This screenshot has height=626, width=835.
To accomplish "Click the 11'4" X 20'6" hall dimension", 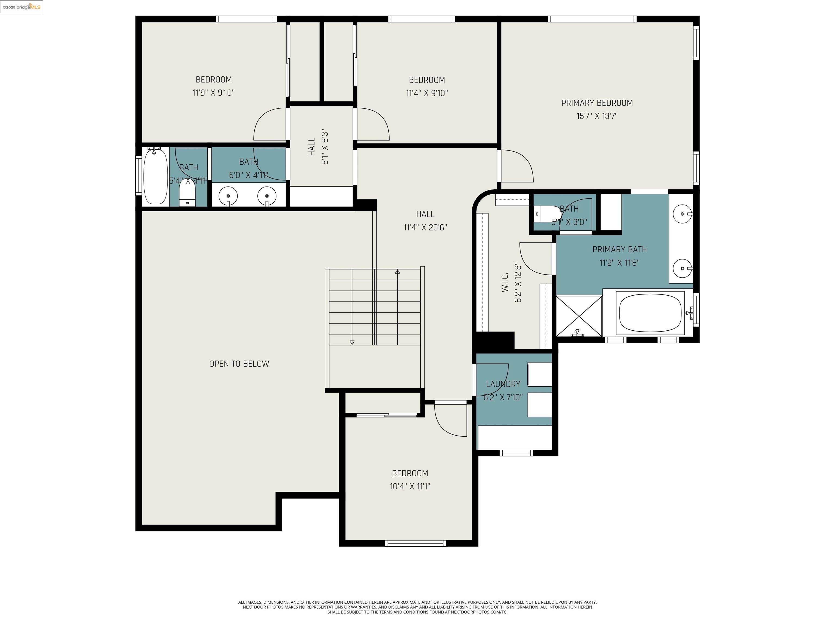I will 425,227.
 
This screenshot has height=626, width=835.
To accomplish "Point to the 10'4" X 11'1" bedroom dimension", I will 410,486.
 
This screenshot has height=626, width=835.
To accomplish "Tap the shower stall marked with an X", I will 579,316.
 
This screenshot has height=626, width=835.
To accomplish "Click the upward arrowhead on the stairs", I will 397,271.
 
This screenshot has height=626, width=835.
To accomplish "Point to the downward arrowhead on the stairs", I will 352,342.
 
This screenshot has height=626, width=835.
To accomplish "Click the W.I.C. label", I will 505,282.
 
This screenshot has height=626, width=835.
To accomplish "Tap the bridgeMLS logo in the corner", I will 21,7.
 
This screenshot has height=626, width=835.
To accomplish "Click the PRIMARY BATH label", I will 619,249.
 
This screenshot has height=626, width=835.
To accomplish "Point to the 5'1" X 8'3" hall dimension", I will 325,148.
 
